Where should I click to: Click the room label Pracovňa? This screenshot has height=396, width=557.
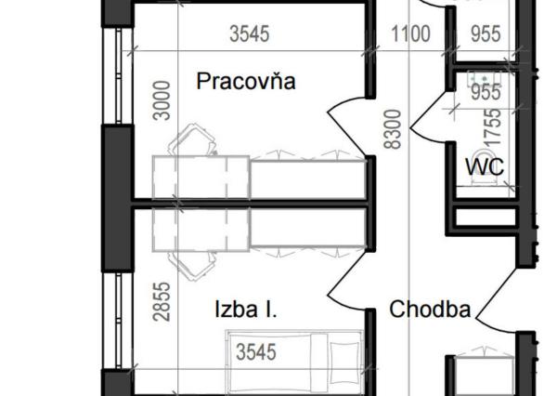click(x=246, y=82)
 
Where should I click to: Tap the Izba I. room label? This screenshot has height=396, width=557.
click(x=246, y=310)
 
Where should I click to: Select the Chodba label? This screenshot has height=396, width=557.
click(x=430, y=310)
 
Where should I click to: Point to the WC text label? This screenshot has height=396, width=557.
click(x=485, y=167)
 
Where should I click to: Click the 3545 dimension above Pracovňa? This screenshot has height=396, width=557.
click(x=249, y=35)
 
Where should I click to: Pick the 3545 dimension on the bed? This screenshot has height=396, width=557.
click(x=256, y=352)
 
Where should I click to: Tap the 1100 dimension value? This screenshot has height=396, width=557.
click(x=410, y=35)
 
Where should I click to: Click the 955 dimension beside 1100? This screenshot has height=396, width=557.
click(x=484, y=35)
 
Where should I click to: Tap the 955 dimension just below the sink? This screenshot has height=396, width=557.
click(x=485, y=93)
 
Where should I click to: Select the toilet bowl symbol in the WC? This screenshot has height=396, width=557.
click(x=482, y=164)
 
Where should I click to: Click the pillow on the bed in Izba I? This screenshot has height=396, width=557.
click(x=343, y=358)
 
